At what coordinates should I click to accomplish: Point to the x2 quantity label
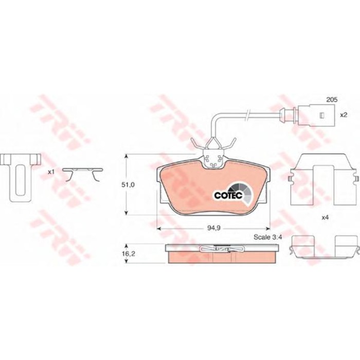[x=344, y=115]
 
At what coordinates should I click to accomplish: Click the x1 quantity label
[x=51, y=172]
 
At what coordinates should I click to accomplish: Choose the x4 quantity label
[x=325, y=218]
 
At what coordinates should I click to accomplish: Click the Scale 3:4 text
[x=267, y=237]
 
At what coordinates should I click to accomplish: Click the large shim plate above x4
[x=323, y=177]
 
